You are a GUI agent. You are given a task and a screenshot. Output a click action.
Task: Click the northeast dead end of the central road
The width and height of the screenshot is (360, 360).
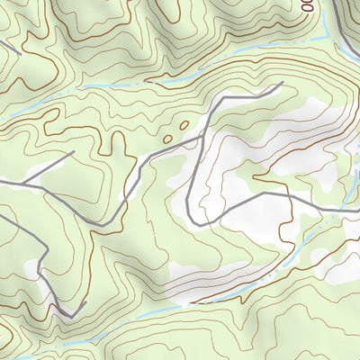[282, 84]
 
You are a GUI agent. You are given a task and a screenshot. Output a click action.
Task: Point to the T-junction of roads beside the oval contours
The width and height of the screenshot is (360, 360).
[200, 139]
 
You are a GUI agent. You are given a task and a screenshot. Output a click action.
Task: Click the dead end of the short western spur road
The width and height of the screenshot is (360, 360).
[72, 152]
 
